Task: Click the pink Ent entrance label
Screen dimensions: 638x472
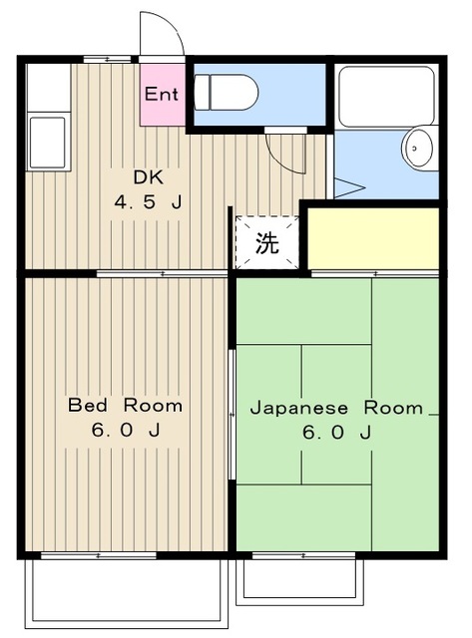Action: tap(162, 96)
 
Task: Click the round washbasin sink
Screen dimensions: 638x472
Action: tap(418, 149)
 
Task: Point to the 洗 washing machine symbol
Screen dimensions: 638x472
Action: tap(266, 242)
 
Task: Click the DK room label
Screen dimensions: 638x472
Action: tap(149, 179)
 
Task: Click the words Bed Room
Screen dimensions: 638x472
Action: tap(125, 406)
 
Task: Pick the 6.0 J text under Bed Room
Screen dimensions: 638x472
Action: tap(125, 432)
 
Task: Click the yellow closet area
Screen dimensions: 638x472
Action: tap(373, 238)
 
